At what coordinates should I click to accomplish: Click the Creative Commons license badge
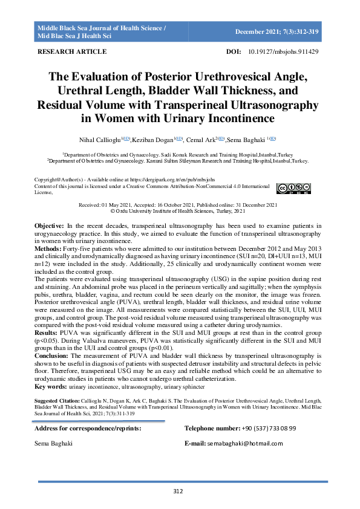[x=293, y=188]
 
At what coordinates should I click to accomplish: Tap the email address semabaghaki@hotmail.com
[x=247, y=444]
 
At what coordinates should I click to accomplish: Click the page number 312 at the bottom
[x=178, y=491]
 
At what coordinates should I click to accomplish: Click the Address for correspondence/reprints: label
[x=88, y=428]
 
